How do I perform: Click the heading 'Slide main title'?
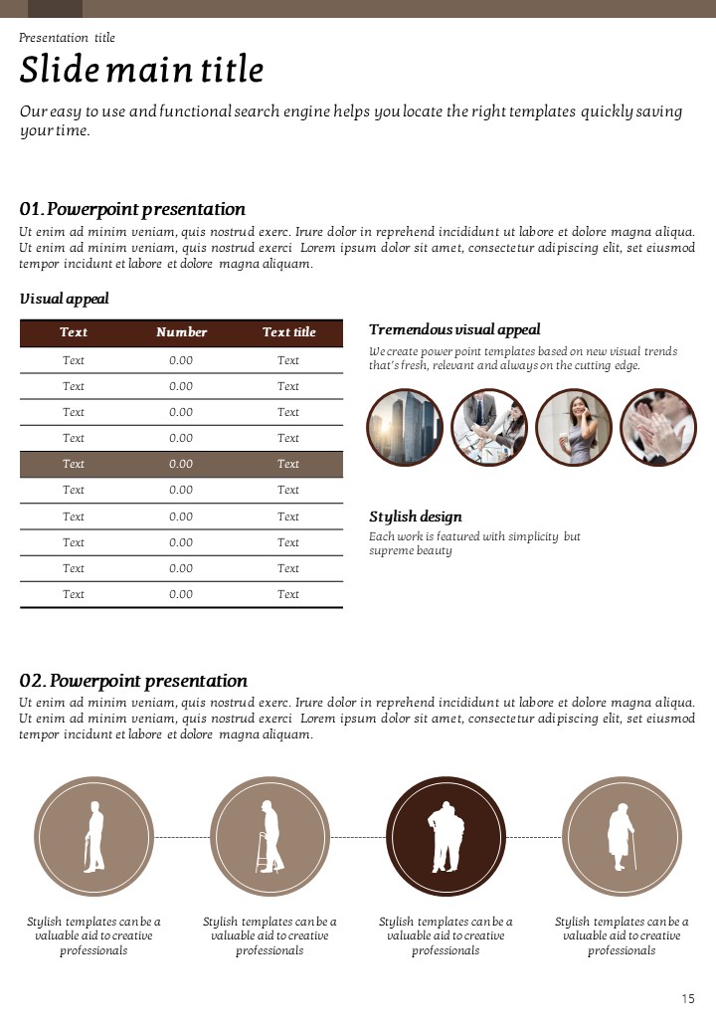pos(141,71)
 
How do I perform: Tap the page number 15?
pos(688,998)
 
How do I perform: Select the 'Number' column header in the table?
pos(181,332)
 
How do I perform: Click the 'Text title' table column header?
pos(288,332)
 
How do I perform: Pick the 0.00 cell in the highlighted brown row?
pos(181,464)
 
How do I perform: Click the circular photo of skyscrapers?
pos(405,427)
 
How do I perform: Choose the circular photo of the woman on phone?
pos(574,427)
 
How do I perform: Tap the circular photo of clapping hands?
pos(658,427)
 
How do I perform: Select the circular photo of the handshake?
pos(489,427)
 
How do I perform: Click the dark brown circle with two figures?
pos(446,837)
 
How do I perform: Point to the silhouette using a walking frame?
pos(269,837)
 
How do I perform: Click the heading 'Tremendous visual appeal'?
pos(454,329)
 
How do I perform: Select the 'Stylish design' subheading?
pos(416,517)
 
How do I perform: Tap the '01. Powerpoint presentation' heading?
pos(132,209)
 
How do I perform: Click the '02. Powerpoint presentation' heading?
pos(133,681)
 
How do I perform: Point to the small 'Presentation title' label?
pos(67,38)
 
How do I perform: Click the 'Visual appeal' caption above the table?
pos(64,299)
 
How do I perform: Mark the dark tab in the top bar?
pos(55,9)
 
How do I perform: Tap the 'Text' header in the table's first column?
pos(74,332)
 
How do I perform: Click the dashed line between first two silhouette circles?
pos(182,838)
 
